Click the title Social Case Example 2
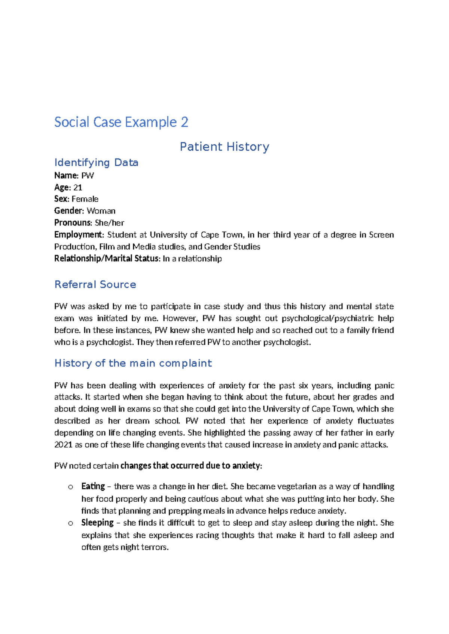tap(121, 122)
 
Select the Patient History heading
tap(224, 147)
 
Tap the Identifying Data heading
tap(96, 163)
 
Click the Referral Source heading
tap(95, 284)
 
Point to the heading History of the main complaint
tap(133, 363)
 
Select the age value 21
tap(78, 187)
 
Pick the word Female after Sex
tap(85, 199)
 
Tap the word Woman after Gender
tap(101, 211)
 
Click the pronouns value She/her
tap(109, 223)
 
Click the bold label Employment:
tap(79, 235)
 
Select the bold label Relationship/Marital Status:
tap(107, 259)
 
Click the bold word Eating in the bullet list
tap(93, 486)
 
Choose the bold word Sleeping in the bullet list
tap(97, 523)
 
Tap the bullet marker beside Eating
tap(70, 487)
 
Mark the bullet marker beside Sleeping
tap(70, 523)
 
